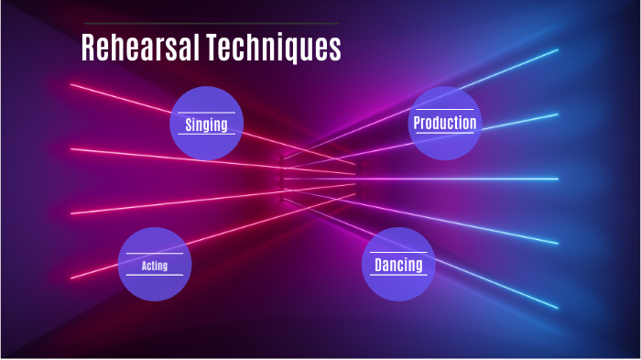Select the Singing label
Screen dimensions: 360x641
206,125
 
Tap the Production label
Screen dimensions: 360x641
444,123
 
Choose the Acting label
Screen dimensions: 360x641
154,266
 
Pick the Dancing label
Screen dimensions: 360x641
398,266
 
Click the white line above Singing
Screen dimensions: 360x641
206,113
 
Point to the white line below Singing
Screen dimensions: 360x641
206,135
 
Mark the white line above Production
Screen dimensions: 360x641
444,111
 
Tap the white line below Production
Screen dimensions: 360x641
444,134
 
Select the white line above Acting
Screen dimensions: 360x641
154,254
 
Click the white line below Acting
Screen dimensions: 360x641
154,275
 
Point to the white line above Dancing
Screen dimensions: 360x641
398,253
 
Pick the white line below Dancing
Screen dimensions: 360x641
398,276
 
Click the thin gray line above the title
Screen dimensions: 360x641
211,24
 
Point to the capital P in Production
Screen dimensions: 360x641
418,123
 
